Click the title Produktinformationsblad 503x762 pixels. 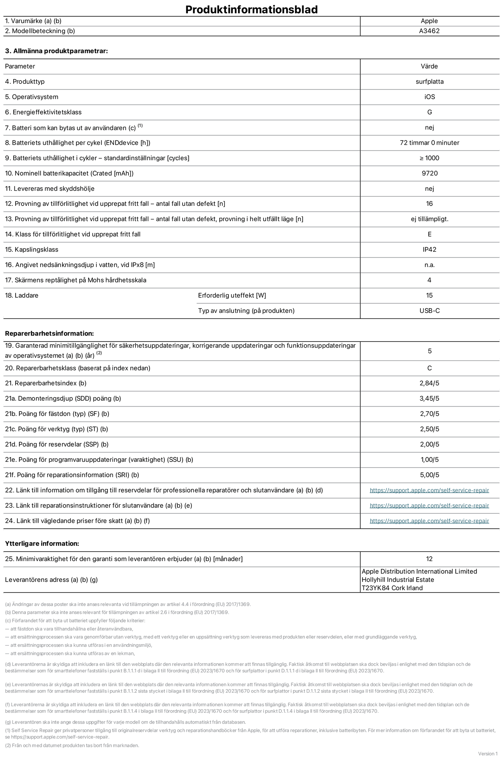251,9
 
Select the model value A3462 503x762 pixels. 429,31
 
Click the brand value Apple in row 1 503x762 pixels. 429,21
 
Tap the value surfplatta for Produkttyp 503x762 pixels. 429,82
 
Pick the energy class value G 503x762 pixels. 429,112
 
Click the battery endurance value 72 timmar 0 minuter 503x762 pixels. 429,143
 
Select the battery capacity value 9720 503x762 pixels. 429,173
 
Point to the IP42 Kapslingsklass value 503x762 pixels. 429,249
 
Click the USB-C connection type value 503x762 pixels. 429,311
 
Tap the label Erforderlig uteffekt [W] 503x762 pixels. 232,296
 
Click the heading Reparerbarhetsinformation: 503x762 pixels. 49,334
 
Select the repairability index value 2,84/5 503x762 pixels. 429,383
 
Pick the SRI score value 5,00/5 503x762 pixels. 429,475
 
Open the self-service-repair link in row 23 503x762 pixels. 429,506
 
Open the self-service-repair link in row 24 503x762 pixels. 429,521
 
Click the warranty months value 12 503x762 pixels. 429,559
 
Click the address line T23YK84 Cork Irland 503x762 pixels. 392,588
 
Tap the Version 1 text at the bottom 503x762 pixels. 487,754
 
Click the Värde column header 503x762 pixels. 429,66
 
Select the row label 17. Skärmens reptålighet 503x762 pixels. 76,280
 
